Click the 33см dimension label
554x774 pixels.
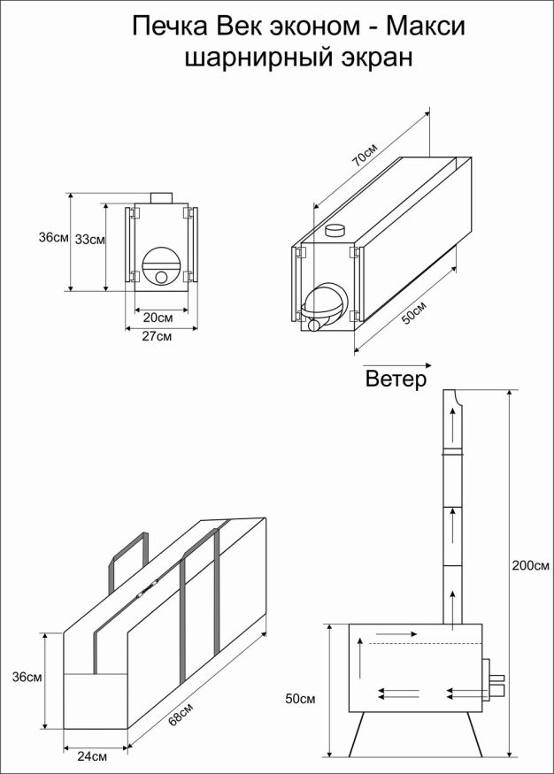coord(89,239)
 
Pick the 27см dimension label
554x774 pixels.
coord(158,336)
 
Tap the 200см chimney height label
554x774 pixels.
coord(529,565)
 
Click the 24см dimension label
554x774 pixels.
coord(93,756)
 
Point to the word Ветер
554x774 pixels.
coord(396,379)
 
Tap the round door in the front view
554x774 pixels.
coord(161,265)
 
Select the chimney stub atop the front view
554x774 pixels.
coord(160,197)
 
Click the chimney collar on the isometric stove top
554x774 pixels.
coord(337,231)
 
